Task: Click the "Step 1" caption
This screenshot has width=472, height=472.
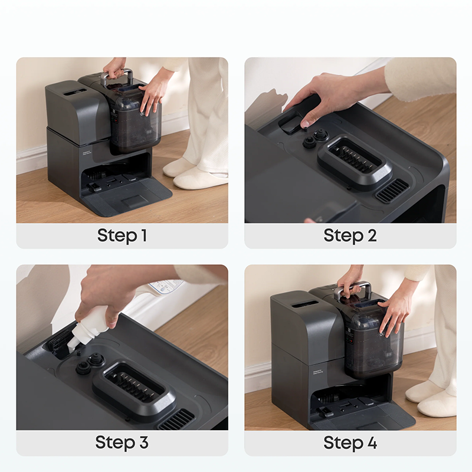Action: click(x=122, y=235)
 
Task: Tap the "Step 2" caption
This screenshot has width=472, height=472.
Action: click(x=350, y=235)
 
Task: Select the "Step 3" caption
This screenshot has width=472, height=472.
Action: click(x=122, y=442)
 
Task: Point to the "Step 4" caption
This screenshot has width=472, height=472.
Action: click(x=350, y=442)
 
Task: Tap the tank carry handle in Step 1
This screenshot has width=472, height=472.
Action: click(x=117, y=76)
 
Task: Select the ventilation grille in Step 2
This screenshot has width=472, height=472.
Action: click(x=392, y=191)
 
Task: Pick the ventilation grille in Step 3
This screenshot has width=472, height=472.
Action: click(x=176, y=420)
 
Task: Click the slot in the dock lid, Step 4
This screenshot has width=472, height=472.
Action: click(x=304, y=304)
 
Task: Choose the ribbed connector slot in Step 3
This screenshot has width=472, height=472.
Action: click(x=134, y=387)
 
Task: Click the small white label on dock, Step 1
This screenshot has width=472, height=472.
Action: click(x=87, y=153)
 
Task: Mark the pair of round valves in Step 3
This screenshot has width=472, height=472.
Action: click(x=90, y=363)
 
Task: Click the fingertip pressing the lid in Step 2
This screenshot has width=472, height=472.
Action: click(x=305, y=124)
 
